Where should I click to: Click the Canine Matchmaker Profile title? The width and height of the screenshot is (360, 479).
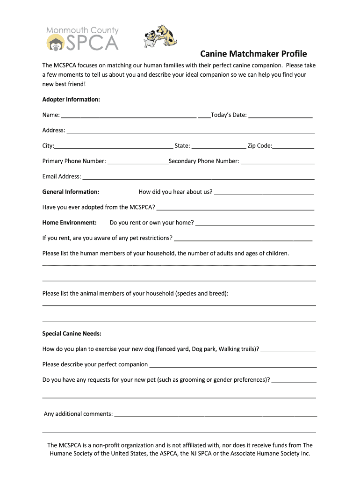point(253,54)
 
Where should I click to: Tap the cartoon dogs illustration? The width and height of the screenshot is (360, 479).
point(161,35)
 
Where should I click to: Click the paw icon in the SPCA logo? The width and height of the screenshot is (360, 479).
point(55,43)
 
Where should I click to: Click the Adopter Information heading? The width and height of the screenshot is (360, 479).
point(71,100)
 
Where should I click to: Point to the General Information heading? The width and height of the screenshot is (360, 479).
point(71,192)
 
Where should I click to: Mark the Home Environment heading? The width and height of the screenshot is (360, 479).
point(69,223)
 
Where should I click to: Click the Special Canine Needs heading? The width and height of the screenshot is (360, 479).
point(72,334)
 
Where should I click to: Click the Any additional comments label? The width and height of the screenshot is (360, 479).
point(78,414)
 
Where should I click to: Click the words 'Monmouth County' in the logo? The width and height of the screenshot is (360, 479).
point(82,30)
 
